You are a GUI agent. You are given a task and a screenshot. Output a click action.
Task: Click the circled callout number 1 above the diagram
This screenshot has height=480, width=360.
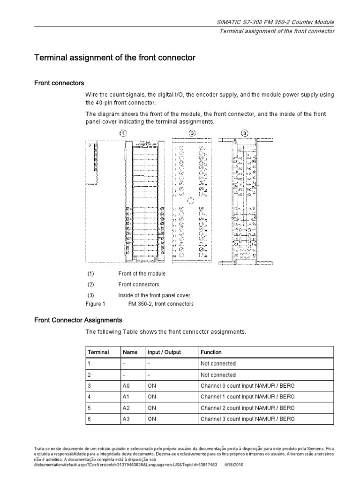click(123, 133)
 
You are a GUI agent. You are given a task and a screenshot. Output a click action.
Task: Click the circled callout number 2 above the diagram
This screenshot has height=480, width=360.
click(192, 133)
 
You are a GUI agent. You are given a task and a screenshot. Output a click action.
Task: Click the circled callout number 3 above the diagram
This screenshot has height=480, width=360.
click(244, 133)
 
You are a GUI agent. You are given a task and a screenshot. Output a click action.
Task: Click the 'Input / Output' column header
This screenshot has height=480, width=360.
click(164, 352)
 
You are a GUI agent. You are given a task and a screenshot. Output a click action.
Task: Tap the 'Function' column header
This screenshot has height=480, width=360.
click(211, 352)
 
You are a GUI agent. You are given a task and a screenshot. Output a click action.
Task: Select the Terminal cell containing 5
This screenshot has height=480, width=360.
click(89, 408)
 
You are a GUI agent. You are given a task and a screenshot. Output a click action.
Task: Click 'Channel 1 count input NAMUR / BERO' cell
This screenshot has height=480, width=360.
click(247, 397)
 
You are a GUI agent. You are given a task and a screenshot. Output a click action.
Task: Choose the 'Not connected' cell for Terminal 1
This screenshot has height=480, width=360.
click(218, 363)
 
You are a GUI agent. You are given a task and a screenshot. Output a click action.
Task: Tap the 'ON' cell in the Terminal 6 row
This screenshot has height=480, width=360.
click(152, 419)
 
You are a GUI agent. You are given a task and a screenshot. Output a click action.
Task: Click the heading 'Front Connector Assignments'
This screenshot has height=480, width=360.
click(78, 320)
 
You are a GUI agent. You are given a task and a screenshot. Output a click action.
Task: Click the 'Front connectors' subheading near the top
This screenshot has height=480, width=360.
click(60, 83)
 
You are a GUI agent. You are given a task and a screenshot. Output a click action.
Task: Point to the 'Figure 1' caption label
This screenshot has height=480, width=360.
click(96, 304)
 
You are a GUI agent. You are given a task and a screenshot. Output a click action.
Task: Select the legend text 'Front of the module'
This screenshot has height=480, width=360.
click(142, 274)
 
